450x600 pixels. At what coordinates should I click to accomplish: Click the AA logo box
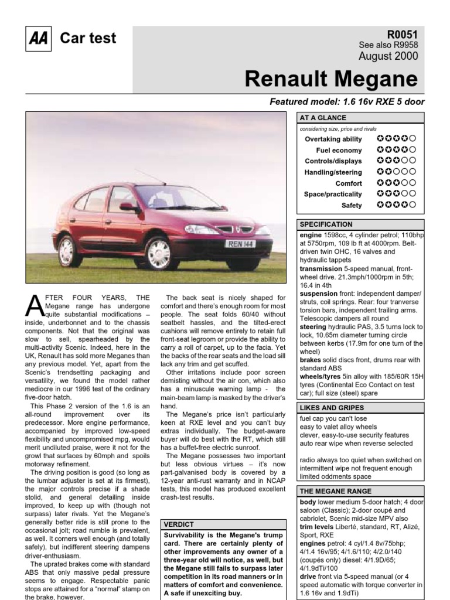(x=39, y=39)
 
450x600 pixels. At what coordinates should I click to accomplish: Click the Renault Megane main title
(x=330, y=79)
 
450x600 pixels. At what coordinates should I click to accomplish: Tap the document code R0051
(x=403, y=34)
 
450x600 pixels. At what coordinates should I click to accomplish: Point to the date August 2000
(x=388, y=56)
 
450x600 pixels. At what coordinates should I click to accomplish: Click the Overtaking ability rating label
(x=333, y=139)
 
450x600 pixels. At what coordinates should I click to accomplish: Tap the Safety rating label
(x=352, y=205)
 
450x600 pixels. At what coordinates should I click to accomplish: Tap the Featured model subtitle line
(x=347, y=101)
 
